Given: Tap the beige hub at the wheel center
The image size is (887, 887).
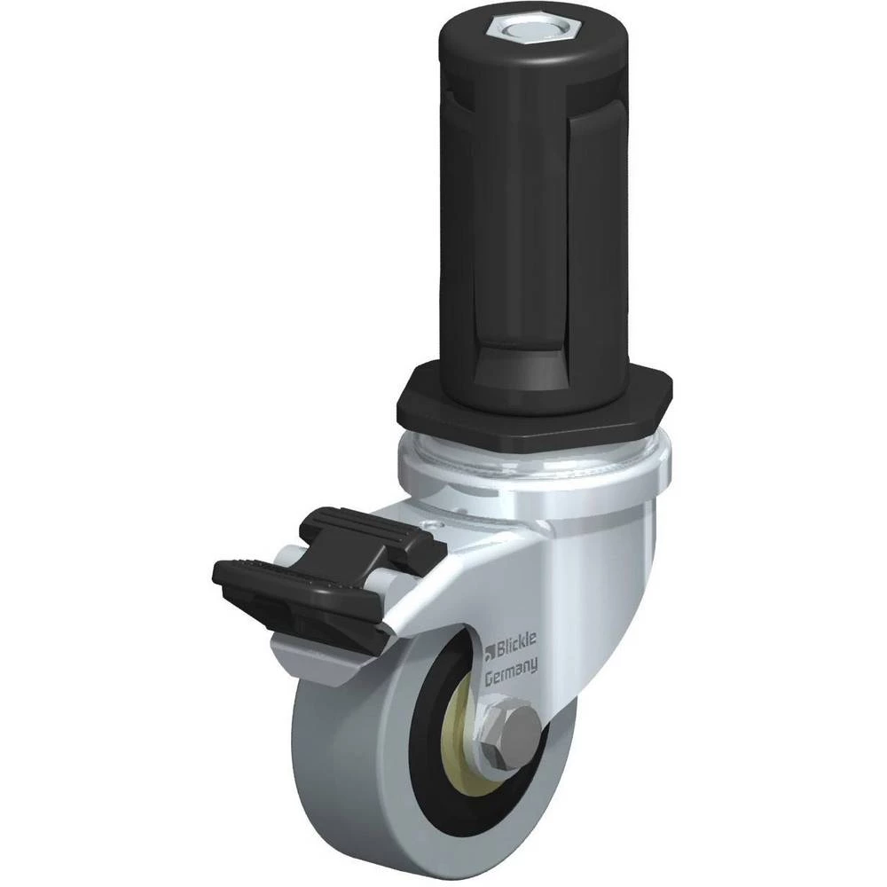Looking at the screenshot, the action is click(470, 730).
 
